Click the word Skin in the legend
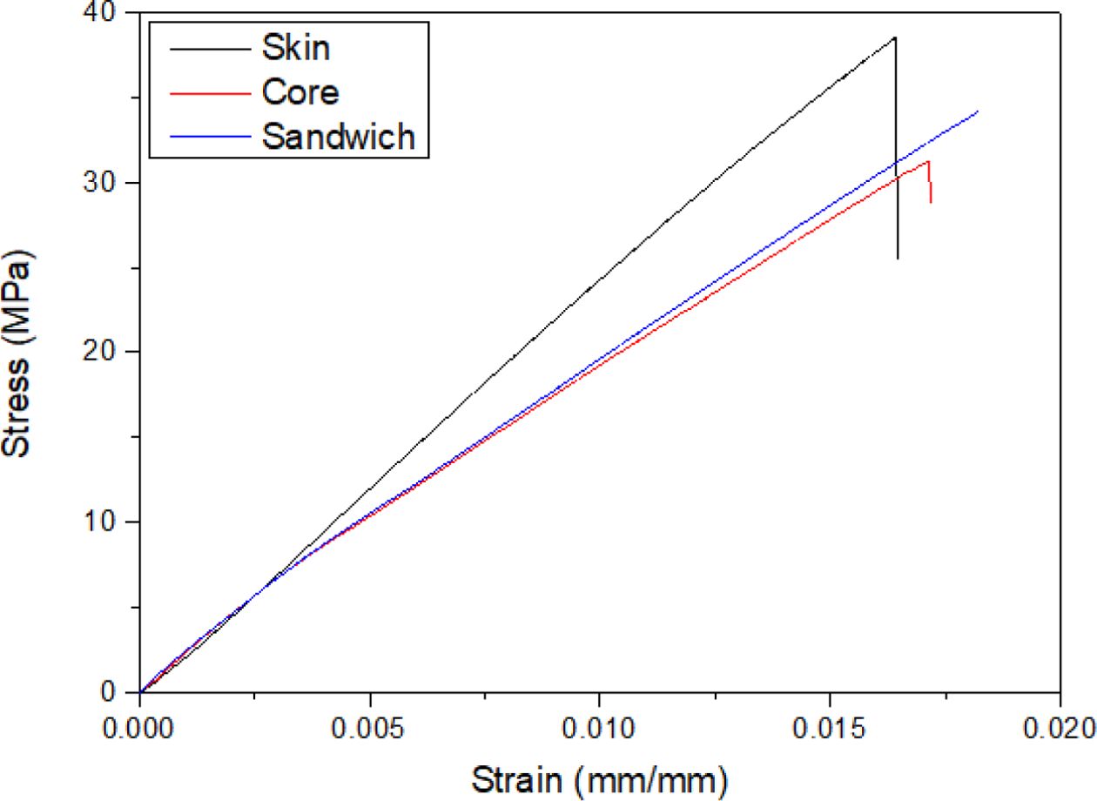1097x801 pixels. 296,47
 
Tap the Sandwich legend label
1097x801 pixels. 339,136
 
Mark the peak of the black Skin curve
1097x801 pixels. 895,37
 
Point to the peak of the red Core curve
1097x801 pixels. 928,161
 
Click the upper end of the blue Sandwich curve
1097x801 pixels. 978,111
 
